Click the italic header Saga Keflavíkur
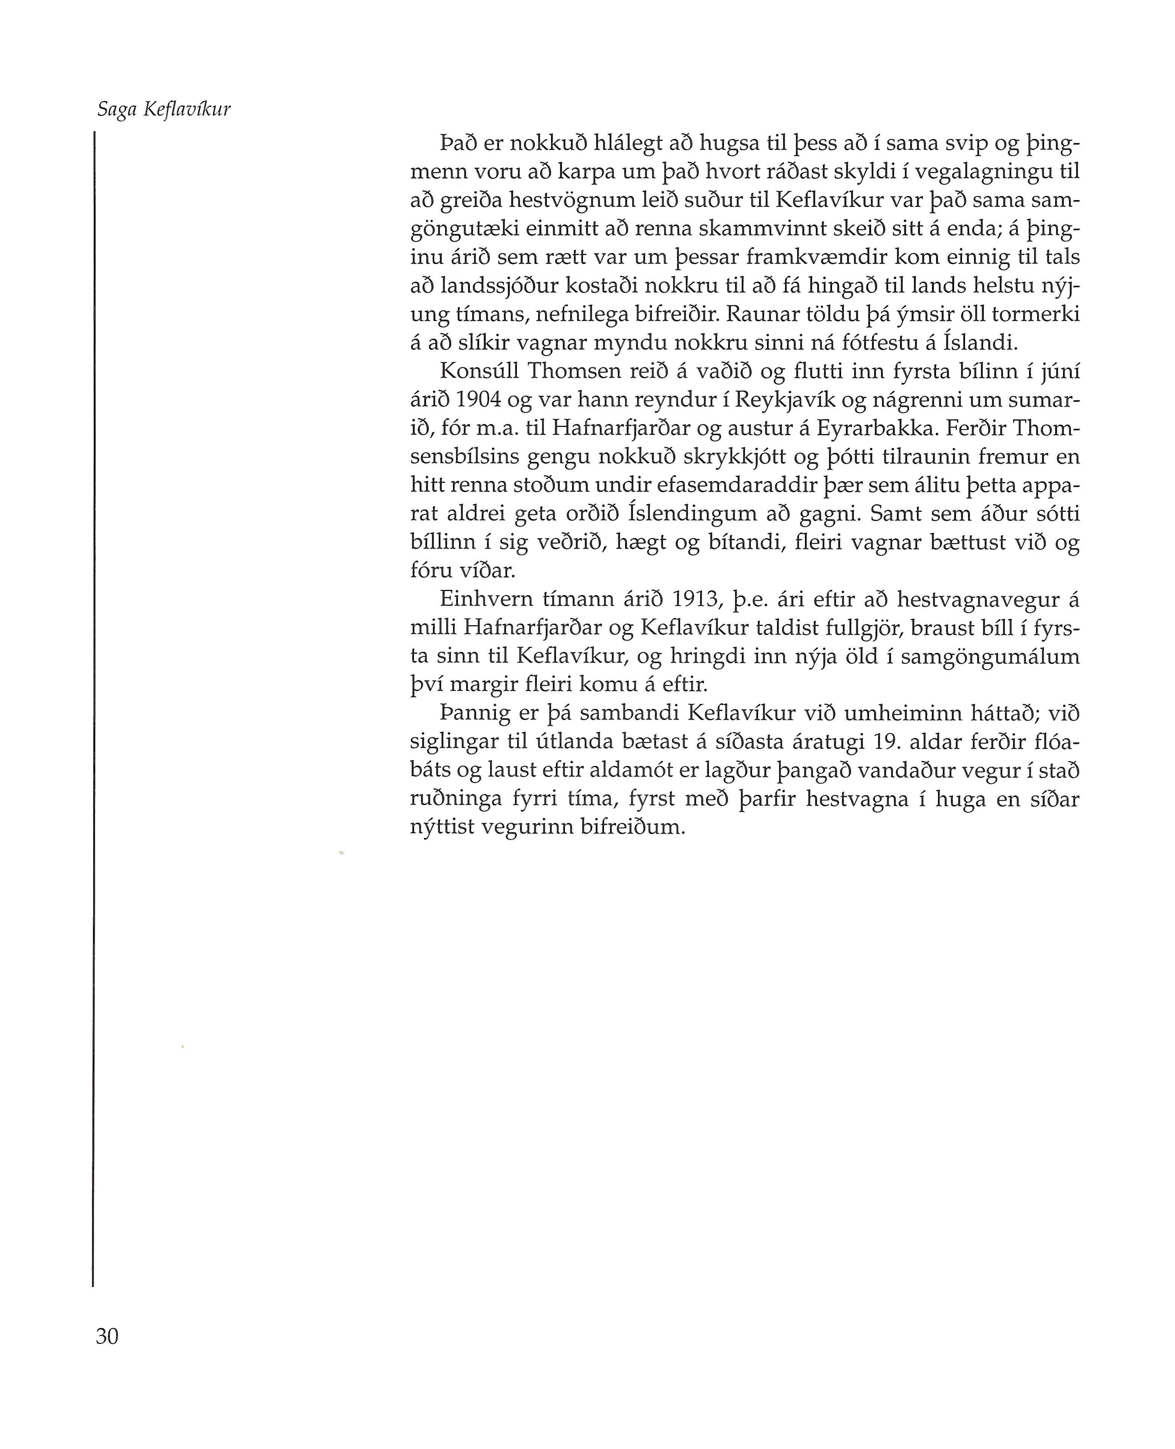164,110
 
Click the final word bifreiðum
633,827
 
